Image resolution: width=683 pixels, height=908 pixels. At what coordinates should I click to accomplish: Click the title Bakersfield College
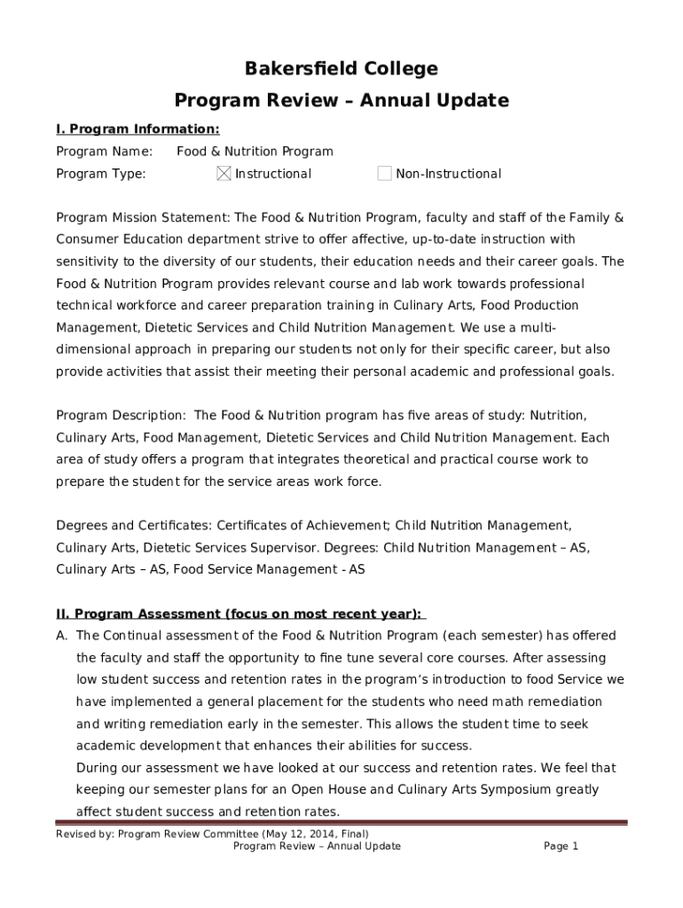341,69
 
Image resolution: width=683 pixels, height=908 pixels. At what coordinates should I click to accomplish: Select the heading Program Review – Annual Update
341,100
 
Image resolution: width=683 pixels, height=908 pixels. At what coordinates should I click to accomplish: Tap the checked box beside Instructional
224,174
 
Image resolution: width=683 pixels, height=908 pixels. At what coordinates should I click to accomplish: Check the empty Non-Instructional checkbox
384,174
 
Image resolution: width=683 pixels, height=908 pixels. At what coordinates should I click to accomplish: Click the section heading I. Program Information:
137,129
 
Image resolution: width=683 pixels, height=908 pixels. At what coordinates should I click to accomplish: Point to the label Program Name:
105,152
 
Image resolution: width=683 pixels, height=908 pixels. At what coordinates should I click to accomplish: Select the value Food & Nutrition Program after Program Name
255,152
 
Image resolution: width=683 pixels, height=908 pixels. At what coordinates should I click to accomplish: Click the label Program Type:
101,174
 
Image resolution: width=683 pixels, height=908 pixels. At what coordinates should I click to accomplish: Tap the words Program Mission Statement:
143,217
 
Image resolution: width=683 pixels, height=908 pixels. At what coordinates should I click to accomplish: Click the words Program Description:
122,415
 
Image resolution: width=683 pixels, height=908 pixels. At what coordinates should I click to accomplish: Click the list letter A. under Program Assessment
62,636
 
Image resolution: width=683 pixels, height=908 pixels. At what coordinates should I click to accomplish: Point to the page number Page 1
561,846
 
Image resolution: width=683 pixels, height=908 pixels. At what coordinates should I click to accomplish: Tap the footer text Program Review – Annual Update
317,846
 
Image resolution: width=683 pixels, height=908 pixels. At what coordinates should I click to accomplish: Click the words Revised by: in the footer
84,834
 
